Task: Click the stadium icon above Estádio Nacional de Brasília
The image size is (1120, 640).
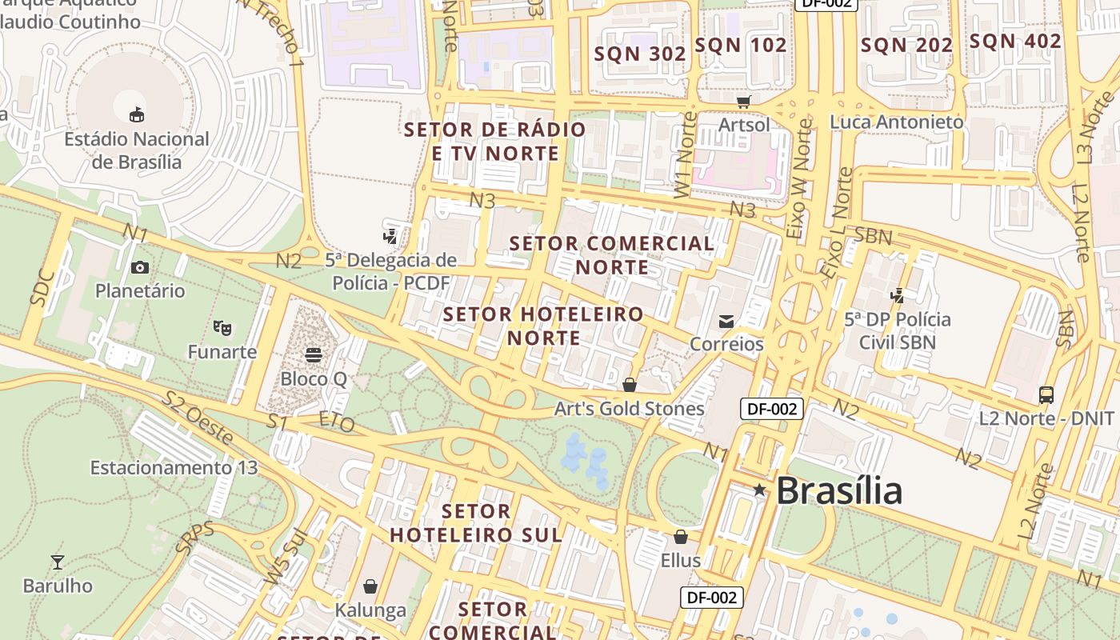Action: point(137,114)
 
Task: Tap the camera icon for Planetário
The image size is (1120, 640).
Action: point(140,267)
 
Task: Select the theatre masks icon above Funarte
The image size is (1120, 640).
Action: point(222,327)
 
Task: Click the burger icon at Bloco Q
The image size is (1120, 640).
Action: point(314,354)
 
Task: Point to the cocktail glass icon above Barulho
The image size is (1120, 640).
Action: point(58,562)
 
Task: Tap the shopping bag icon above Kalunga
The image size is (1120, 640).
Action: point(370,586)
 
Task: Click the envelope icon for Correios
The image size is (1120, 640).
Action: point(726,321)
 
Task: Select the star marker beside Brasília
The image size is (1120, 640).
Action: point(759,490)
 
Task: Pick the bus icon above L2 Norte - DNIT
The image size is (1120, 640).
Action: point(1046,394)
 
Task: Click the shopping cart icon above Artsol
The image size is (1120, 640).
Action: point(744,101)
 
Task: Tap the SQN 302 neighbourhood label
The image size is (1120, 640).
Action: point(640,54)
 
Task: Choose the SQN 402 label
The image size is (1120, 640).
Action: point(1015,42)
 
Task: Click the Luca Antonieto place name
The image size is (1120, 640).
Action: point(897,122)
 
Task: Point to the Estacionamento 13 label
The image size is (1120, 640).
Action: point(174,467)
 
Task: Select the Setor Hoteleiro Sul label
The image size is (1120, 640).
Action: point(476,522)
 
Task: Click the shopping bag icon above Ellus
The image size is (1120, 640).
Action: point(681,536)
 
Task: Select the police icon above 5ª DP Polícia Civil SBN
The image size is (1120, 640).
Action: point(898,295)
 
